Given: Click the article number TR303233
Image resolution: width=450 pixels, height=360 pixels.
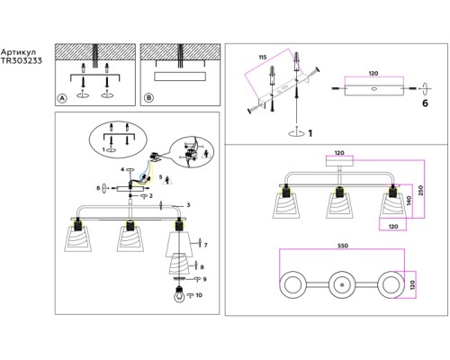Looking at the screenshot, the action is tap(21, 61).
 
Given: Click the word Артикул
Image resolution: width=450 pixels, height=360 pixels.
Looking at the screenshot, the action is tap(18, 52).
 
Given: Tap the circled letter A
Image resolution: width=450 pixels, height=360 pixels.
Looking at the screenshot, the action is tap(62, 98).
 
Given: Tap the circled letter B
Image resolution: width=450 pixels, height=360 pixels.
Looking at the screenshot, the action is tap(148, 98).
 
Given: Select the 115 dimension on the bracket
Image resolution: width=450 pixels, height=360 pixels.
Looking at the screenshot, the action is tap(263, 57).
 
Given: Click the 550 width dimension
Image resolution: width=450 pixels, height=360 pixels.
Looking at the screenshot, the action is tap(343, 246).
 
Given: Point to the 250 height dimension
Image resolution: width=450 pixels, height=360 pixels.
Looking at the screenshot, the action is tap(420, 190).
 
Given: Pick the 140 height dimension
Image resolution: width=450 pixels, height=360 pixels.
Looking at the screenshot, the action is tap(409, 201).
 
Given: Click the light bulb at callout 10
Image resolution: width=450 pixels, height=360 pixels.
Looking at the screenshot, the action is tap(179, 294).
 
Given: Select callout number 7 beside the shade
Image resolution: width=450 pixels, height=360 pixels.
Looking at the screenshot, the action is tap(205, 245).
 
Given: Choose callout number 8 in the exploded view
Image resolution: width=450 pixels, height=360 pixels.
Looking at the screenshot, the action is tap(202, 267).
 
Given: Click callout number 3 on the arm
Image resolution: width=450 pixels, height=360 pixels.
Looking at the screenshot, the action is tap(188, 205).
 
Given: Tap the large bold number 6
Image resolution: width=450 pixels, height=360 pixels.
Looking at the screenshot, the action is tap(425, 103).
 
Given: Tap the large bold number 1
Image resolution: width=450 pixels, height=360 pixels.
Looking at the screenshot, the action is tap(310, 133).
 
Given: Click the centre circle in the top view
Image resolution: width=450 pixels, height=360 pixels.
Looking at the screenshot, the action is tap(342, 284).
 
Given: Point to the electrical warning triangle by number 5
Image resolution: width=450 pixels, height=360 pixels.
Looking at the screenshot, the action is tap(168, 180).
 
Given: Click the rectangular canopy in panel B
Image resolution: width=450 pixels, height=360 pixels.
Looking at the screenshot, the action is tap(180, 76).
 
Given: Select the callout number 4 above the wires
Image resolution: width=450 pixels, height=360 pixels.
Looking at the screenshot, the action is tap(122, 169).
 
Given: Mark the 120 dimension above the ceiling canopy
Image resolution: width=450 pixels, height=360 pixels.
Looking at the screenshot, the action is tap(339, 153).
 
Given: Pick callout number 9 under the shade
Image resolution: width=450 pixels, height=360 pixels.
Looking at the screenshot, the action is tap(204, 279).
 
